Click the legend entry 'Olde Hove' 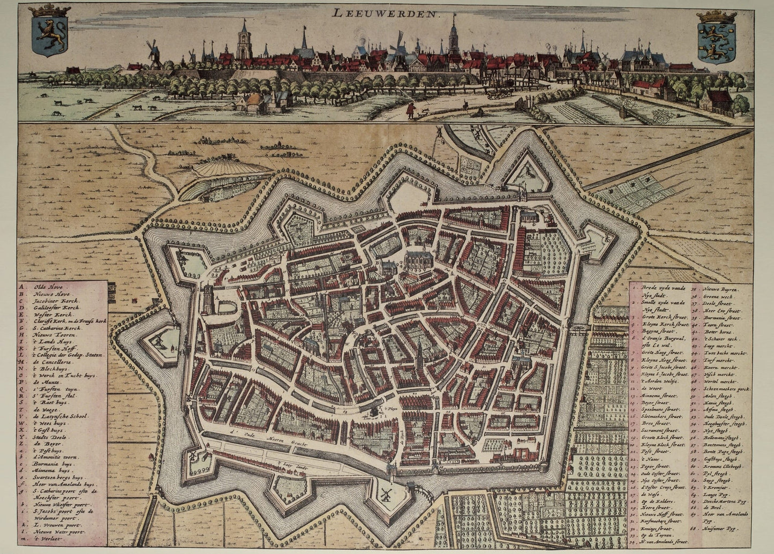49,287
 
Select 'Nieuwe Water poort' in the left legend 59,532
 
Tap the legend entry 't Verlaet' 48,538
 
